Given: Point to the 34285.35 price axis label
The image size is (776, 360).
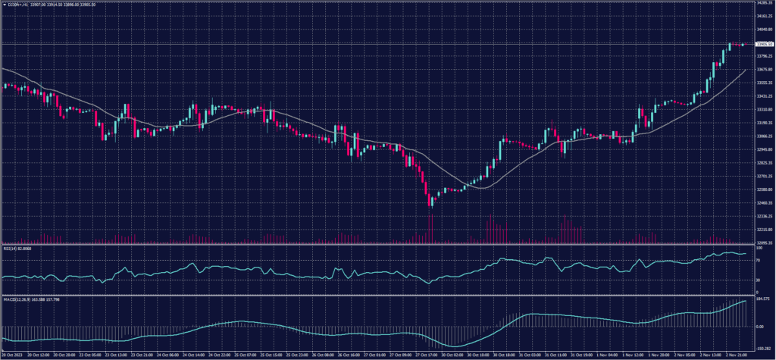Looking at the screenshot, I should pyautogui.click(x=762, y=3).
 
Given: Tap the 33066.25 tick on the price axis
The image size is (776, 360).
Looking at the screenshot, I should pyautogui.click(x=762, y=136).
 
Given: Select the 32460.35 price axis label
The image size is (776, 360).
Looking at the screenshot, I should pyautogui.click(x=762, y=202).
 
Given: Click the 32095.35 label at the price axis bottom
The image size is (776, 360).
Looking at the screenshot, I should pyautogui.click(x=762, y=243).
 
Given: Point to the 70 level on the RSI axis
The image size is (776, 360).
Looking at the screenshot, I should pyautogui.click(x=758, y=260).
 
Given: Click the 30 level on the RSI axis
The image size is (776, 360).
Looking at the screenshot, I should pyautogui.click(x=758, y=280).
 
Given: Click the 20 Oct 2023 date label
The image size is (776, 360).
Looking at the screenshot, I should pyautogui.click(x=14, y=355).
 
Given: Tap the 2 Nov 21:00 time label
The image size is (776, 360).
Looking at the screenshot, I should pyautogui.click(x=737, y=355).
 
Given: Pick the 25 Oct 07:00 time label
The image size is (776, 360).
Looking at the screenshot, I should pyautogui.click(x=246, y=355).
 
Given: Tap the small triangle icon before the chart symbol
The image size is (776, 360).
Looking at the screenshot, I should pyautogui.click(x=4, y=4).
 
